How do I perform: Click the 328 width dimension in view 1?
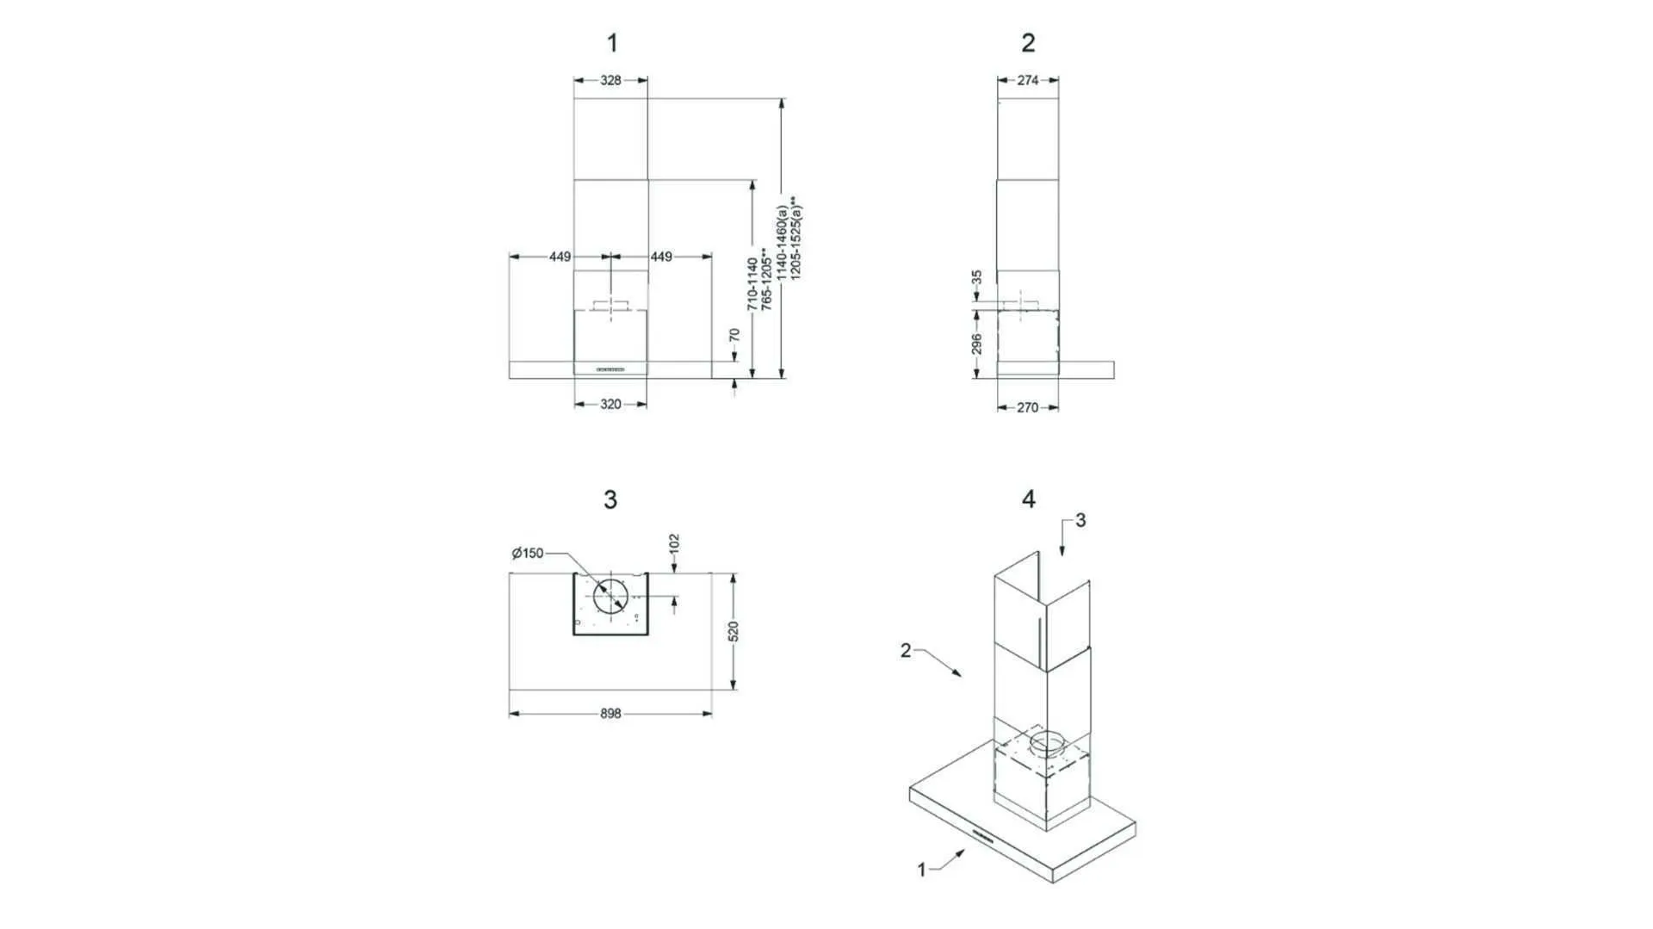pos(610,80)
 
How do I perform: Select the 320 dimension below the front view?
pos(610,404)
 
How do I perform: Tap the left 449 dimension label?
pos(560,257)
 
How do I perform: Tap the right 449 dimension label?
pos(661,257)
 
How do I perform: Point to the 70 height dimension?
pos(734,335)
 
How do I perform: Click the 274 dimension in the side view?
pos(1027,80)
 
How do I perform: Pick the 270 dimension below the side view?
pos(1027,407)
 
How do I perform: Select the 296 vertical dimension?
pos(976,344)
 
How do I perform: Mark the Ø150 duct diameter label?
pos(528,553)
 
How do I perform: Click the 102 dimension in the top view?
pos(674,543)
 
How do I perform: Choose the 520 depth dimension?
pos(734,631)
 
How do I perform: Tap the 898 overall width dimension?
pos(610,714)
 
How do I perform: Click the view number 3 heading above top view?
pos(610,499)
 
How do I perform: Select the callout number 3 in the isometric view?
pos(1080,520)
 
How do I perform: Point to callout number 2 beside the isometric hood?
pos(906,650)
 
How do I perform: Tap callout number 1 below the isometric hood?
pos(921,870)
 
